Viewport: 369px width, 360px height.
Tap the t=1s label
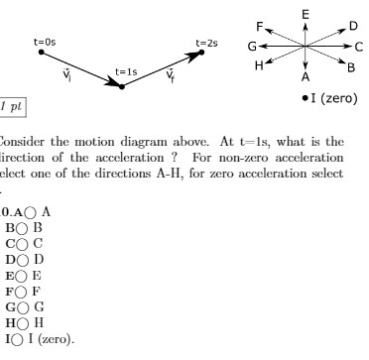click(126, 70)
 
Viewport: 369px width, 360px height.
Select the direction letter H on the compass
click(260, 65)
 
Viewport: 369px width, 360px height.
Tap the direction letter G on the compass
click(252, 47)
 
